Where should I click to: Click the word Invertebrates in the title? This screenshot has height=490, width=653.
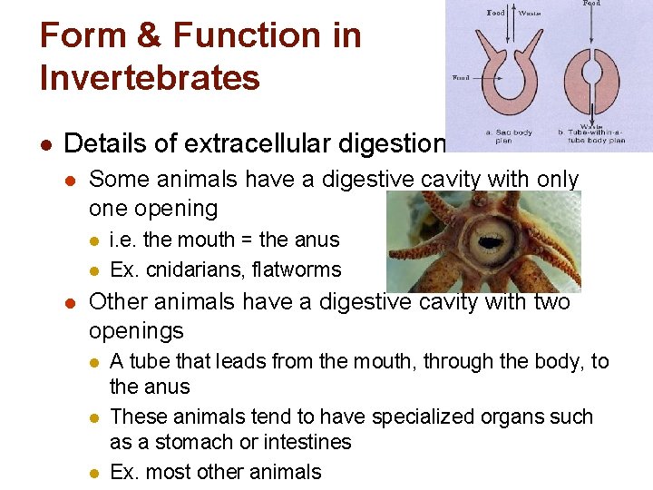pyautogui.click(x=150, y=78)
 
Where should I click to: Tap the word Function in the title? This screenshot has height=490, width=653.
pyautogui.click(x=267, y=36)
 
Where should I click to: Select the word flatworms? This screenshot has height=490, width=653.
pyautogui.click(x=298, y=269)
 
